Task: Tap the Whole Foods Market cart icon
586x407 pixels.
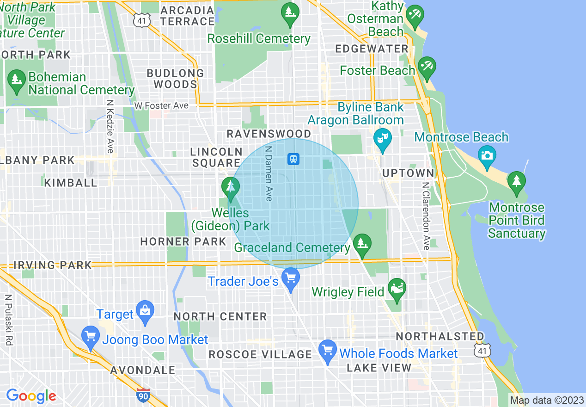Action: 328,350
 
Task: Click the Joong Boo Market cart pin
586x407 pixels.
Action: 90,336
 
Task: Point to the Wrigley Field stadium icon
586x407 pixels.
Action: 397,289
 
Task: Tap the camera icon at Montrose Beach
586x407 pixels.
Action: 486,155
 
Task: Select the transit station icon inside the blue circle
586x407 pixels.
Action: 293,159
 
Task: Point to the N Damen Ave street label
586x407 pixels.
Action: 268,174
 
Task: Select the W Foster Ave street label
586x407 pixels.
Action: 161,106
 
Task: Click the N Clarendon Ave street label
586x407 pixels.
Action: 425,216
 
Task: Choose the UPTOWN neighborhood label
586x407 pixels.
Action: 409,173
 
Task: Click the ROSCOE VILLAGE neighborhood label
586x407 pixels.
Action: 260,355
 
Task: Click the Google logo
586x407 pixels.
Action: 31,396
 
